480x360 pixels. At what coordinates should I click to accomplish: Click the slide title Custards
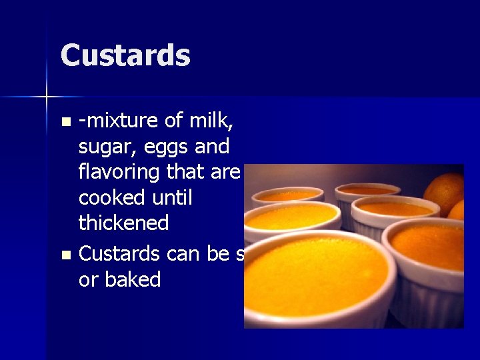pyautogui.click(x=125, y=55)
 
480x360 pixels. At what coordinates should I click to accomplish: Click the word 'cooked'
pyautogui.click(x=109, y=197)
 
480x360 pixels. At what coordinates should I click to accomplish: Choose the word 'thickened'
pyautogui.click(x=123, y=223)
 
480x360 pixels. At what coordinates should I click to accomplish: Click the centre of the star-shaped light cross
pyautogui.click(x=47, y=97)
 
